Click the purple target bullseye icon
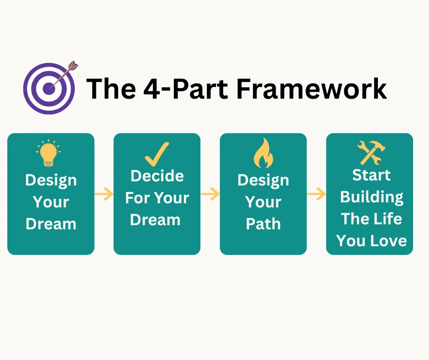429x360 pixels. tap(49, 89)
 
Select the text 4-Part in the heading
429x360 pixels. tap(185, 89)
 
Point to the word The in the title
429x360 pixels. tap(111, 89)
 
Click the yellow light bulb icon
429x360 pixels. tap(48, 153)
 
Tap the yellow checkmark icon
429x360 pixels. tap(157, 154)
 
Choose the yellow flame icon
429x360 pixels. tap(263, 153)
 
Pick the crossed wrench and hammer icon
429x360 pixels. tap(371, 153)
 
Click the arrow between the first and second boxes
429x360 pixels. tap(104, 194)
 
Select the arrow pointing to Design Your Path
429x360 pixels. tap(210, 194)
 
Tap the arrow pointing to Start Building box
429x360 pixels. tap(316, 194)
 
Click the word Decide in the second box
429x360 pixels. tap(157, 176)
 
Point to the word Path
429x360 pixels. tap(263, 224)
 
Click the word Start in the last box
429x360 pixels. tap(371, 175)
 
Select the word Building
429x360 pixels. tap(371, 197)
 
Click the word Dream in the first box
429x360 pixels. tap(51, 224)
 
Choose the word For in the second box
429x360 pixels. tap(137, 198)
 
